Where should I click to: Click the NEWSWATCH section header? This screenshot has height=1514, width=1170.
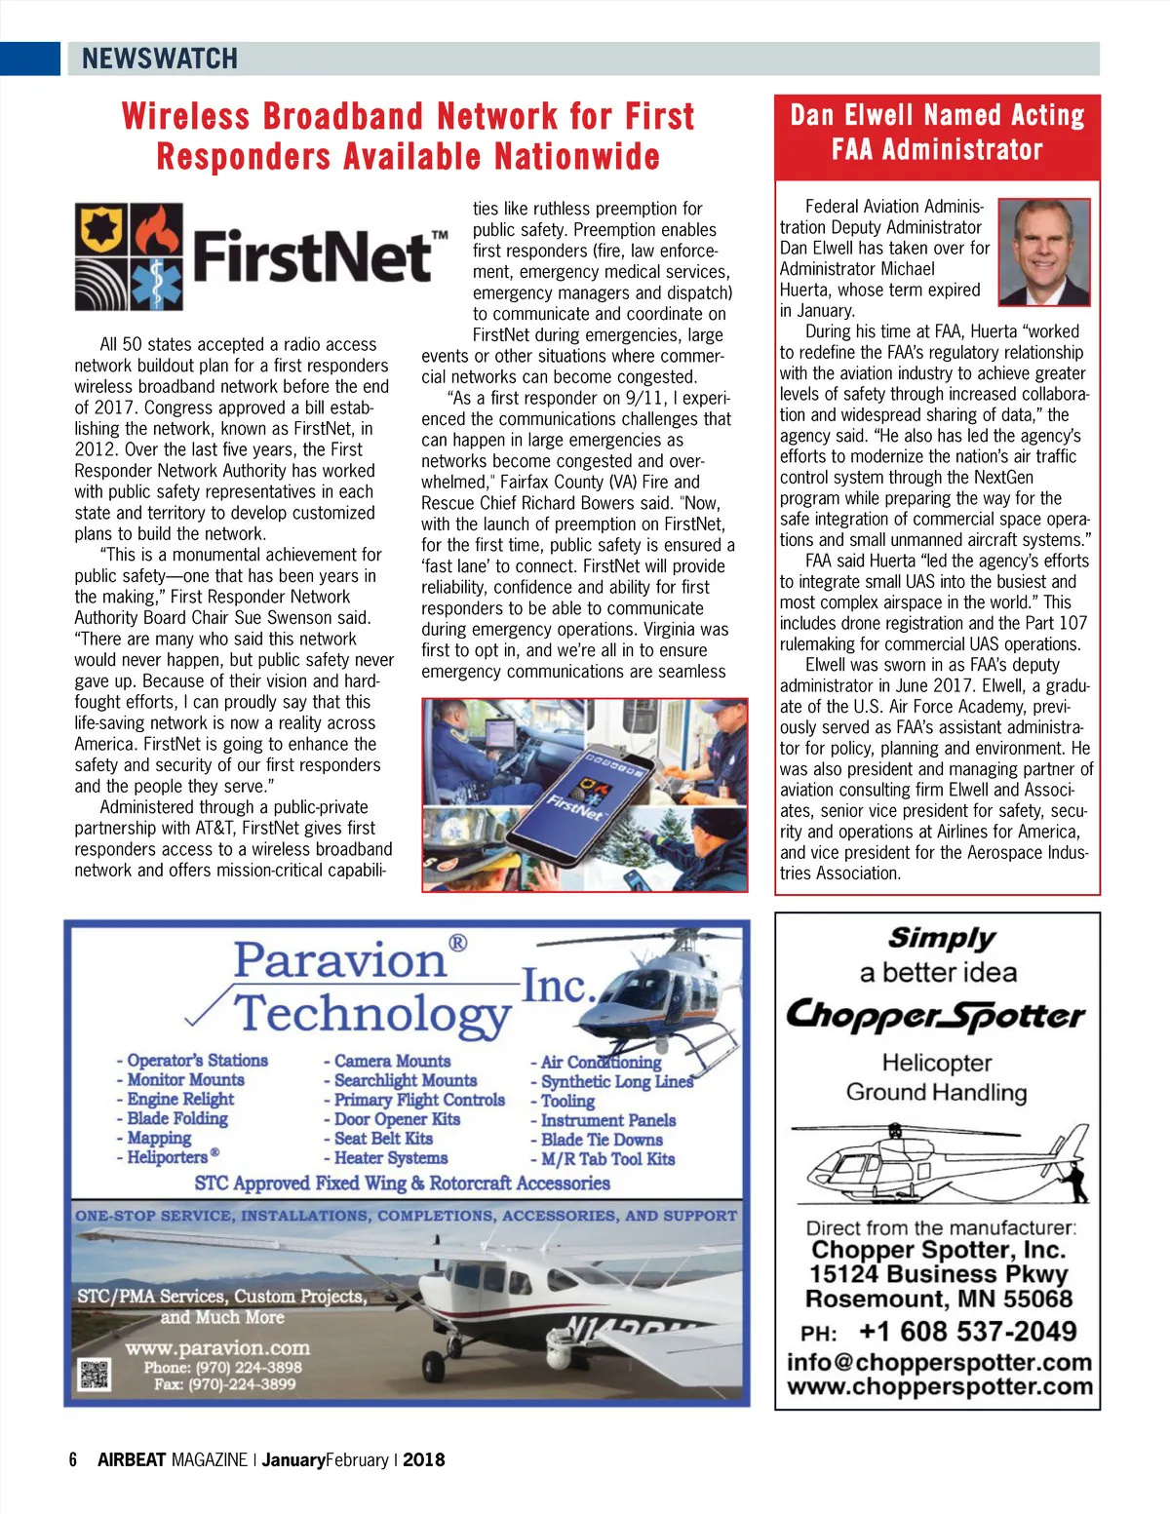tap(160, 58)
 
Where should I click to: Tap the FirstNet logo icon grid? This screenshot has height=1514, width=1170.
tap(129, 256)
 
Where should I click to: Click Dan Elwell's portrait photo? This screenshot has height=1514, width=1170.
tap(1044, 252)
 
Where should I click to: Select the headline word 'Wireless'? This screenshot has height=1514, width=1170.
tap(184, 116)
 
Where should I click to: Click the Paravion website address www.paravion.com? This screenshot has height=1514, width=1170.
tap(217, 1347)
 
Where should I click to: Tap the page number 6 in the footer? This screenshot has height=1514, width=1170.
tap(73, 1459)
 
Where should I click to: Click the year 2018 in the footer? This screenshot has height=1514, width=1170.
tap(423, 1459)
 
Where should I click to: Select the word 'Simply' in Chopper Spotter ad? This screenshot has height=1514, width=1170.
tap(942, 938)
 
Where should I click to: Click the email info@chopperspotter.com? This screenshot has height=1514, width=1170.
tap(939, 1362)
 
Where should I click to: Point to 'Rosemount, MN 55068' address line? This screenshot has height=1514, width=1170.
tap(938, 1299)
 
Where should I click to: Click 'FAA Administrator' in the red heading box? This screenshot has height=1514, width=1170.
tap(936, 150)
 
